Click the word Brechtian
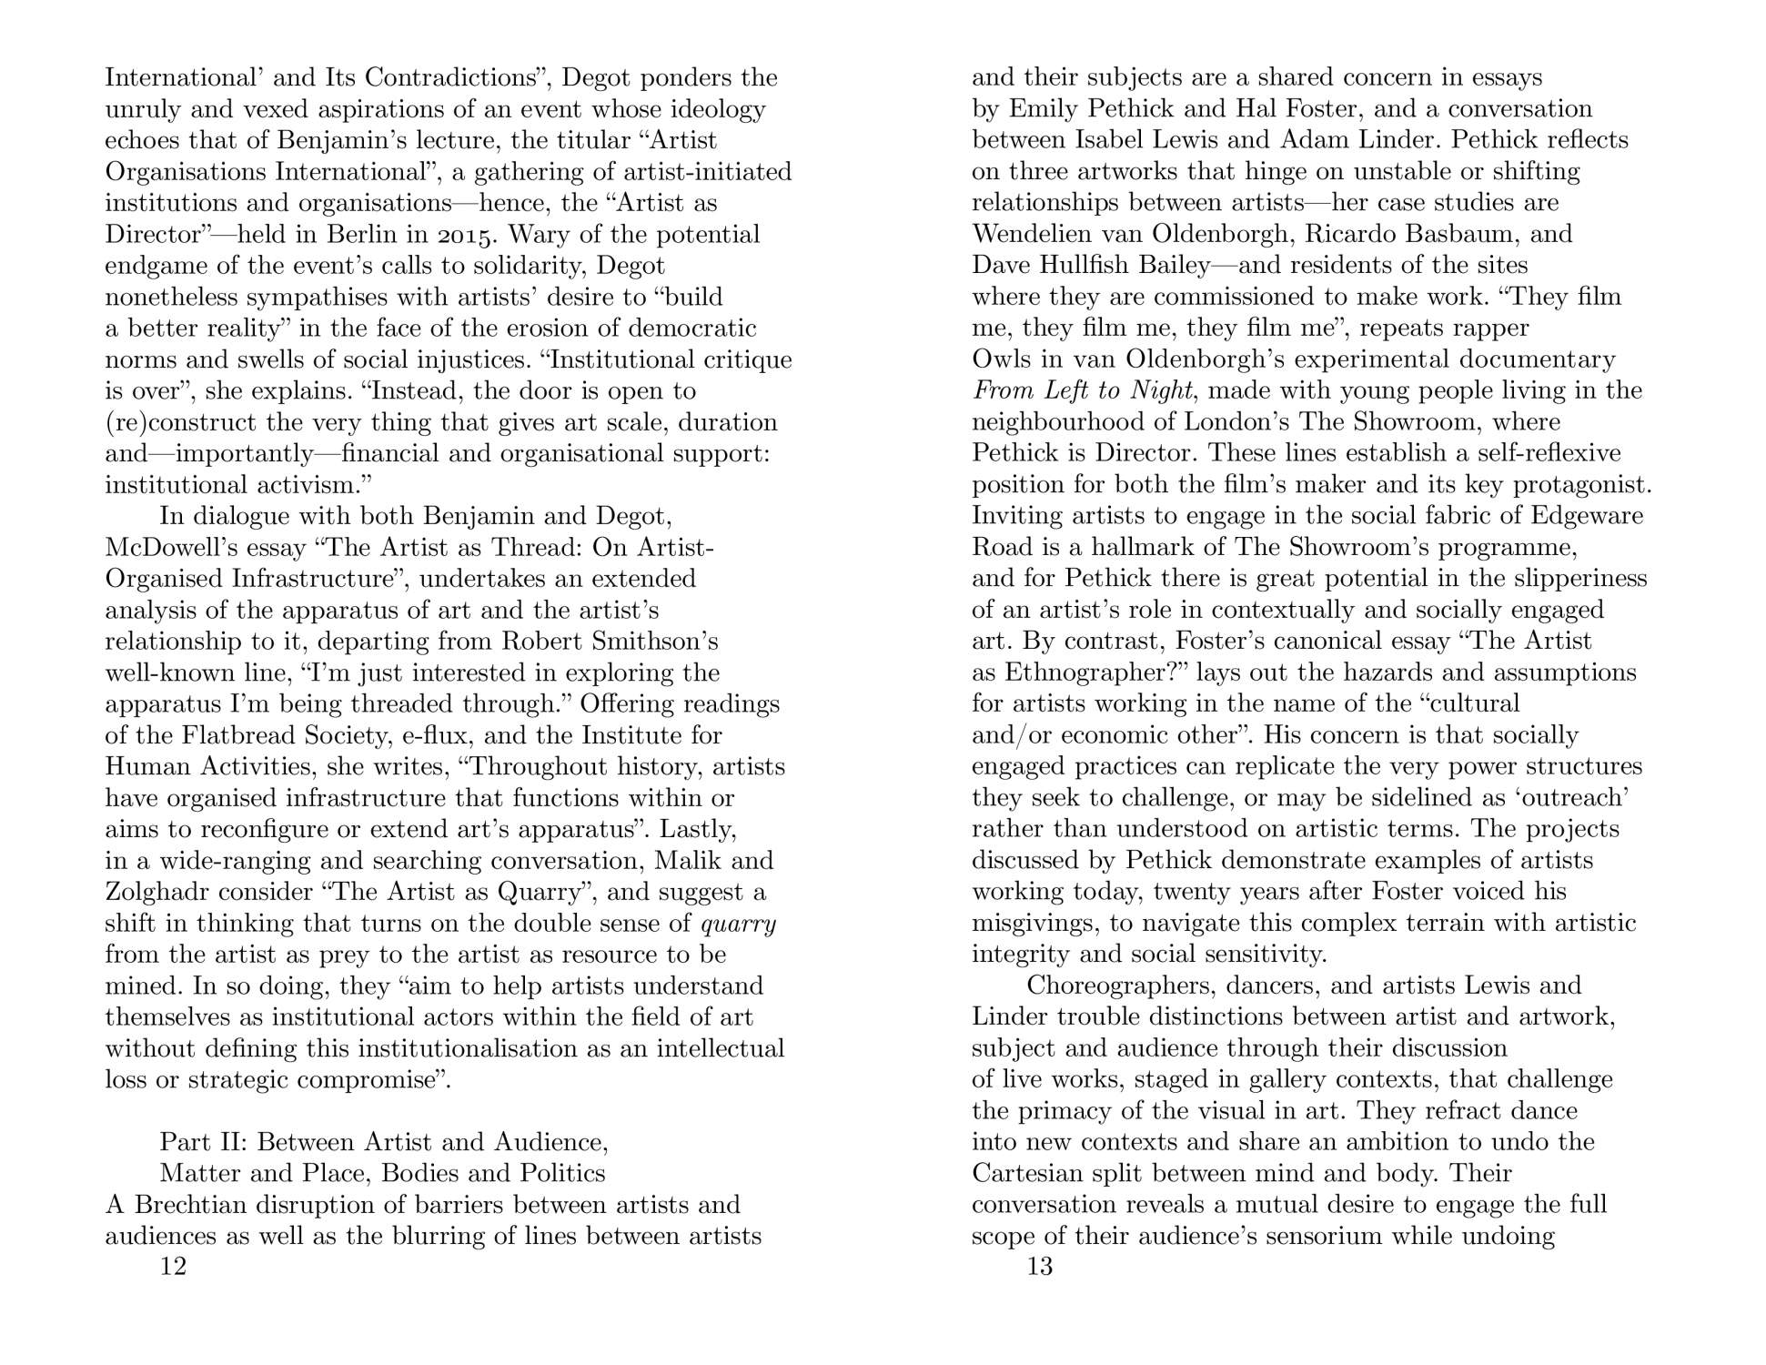191,1205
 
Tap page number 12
173,1266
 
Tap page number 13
1040,1266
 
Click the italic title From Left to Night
1082,390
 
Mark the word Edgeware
1587,516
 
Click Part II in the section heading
205,1142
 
